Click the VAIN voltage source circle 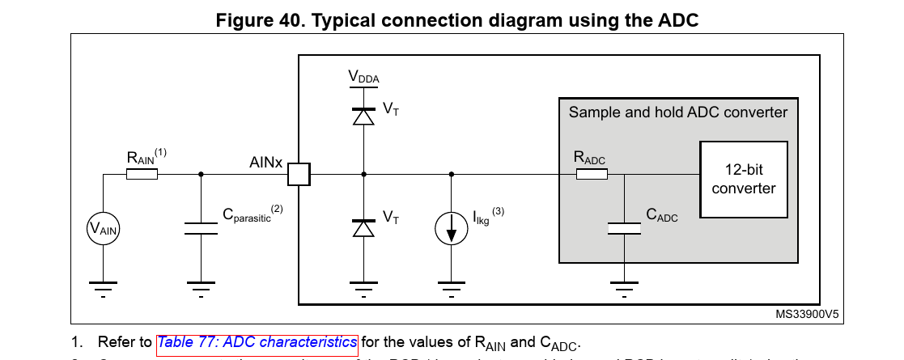(x=104, y=230)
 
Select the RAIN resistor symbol (x=142, y=173)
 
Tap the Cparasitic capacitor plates (x=201, y=229)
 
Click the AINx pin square (x=299, y=173)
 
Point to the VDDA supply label (x=363, y=78)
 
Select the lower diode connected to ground (x=364, y=228)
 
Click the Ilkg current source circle (x=451, y=230)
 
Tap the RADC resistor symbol (x=591, y=173)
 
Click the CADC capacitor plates (x=623, y=229)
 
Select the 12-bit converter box (x=744, y=179)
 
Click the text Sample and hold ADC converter (x=677, y=112)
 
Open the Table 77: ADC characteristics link (x=257, y=342)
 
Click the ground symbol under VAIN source (x=104, y=286)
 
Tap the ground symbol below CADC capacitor (x=623, y=286)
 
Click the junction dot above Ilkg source (x=451, y=173)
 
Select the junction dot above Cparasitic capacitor (x=201, y=173)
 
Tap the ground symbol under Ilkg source (x=451, y=286)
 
